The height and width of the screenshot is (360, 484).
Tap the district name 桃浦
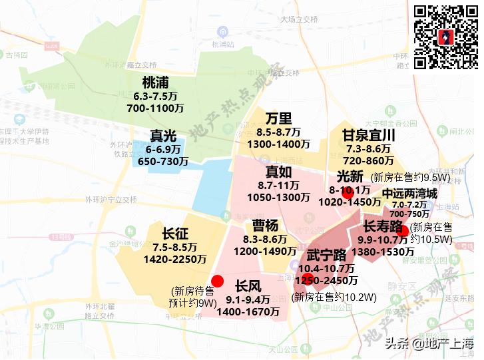155,83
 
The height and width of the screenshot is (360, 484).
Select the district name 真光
162,136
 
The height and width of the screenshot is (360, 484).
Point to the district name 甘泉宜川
369,136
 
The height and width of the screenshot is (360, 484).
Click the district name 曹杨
265,226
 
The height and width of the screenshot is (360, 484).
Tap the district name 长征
176,234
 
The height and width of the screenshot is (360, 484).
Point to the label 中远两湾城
409,194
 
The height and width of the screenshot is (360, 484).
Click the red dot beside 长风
217,281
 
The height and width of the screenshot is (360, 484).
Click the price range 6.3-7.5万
155,96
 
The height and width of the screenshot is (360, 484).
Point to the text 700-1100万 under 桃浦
155,108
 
